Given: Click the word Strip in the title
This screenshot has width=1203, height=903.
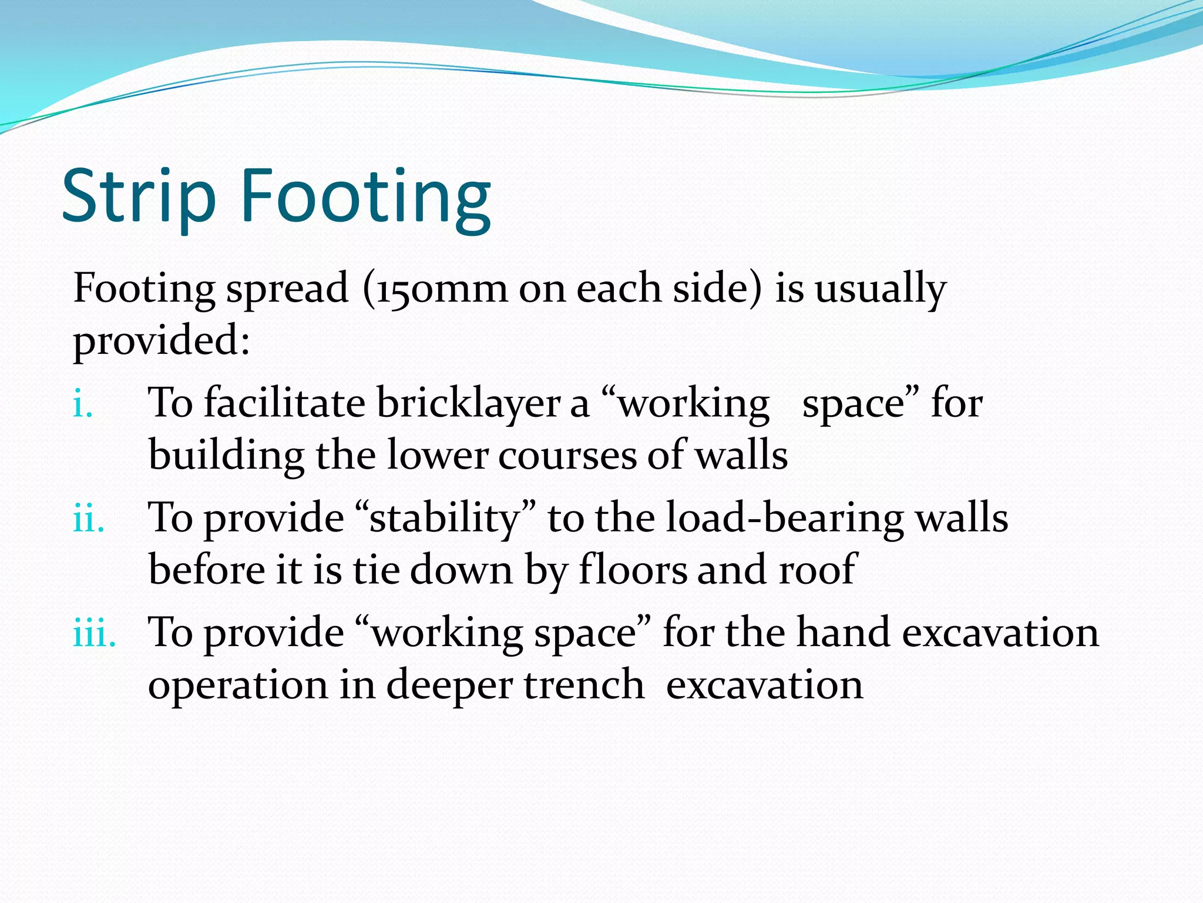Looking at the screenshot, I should tap(139, 196).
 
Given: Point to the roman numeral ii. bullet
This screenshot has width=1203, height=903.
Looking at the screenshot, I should tap(89, 519).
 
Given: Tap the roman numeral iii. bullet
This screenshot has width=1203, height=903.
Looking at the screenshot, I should tap(94, 634).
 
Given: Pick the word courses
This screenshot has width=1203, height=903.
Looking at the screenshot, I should tap(567, 456).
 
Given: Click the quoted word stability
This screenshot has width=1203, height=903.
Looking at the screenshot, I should tap(445, 519).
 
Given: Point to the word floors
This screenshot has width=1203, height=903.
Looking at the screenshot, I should tap(632, 570).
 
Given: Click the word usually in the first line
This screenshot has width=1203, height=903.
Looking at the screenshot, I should tap(880, 290).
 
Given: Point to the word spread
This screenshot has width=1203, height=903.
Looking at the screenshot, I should tap(287, 290).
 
